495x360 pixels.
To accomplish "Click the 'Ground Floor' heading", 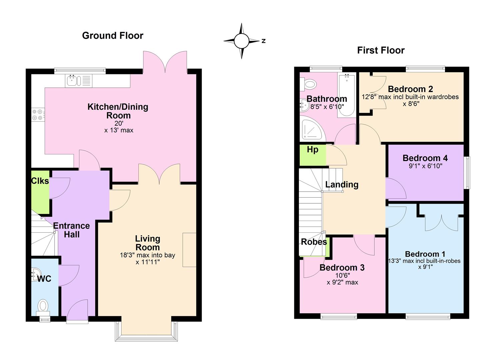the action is coord(113,36).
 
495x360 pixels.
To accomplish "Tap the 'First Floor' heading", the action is coord(381,50).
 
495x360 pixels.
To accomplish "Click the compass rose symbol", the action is coord(241,41).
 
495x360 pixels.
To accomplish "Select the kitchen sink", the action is coord(79,81).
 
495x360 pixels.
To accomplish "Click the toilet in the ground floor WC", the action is coord(43,308).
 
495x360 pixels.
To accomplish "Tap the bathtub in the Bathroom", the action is coord(347,95).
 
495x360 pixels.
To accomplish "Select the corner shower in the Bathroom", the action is coord(313,130).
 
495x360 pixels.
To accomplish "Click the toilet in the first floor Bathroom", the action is coord(308,84).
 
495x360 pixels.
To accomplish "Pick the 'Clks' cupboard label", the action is coord(40,181).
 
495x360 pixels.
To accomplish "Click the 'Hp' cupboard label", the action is coord(312,150).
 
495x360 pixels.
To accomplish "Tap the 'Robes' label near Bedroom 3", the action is coord(314,242).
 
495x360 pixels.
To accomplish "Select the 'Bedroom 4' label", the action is coord(425,158).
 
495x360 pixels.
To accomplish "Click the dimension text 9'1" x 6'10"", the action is coord(425,166).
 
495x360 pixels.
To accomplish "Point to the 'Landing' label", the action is coord(342,185).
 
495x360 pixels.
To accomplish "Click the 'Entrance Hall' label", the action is coord(72,230).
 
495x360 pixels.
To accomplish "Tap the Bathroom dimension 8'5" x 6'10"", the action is coord(327,107).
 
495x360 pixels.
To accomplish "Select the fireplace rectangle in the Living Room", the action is coord(189,250).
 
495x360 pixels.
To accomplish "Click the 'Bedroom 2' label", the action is coord(410,89).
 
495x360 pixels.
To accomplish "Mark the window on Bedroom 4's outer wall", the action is coord(467,173).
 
